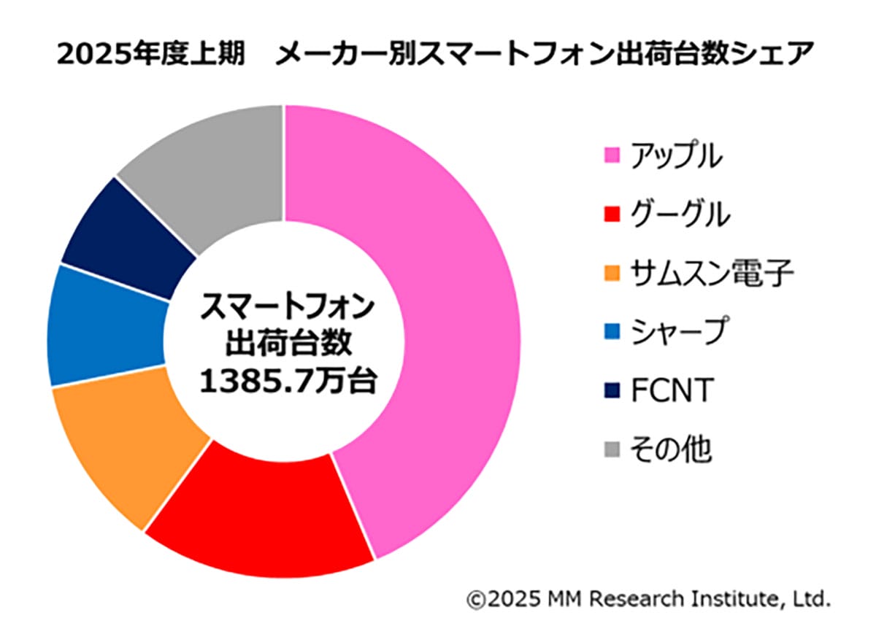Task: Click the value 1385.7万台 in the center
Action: pos(288,380)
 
